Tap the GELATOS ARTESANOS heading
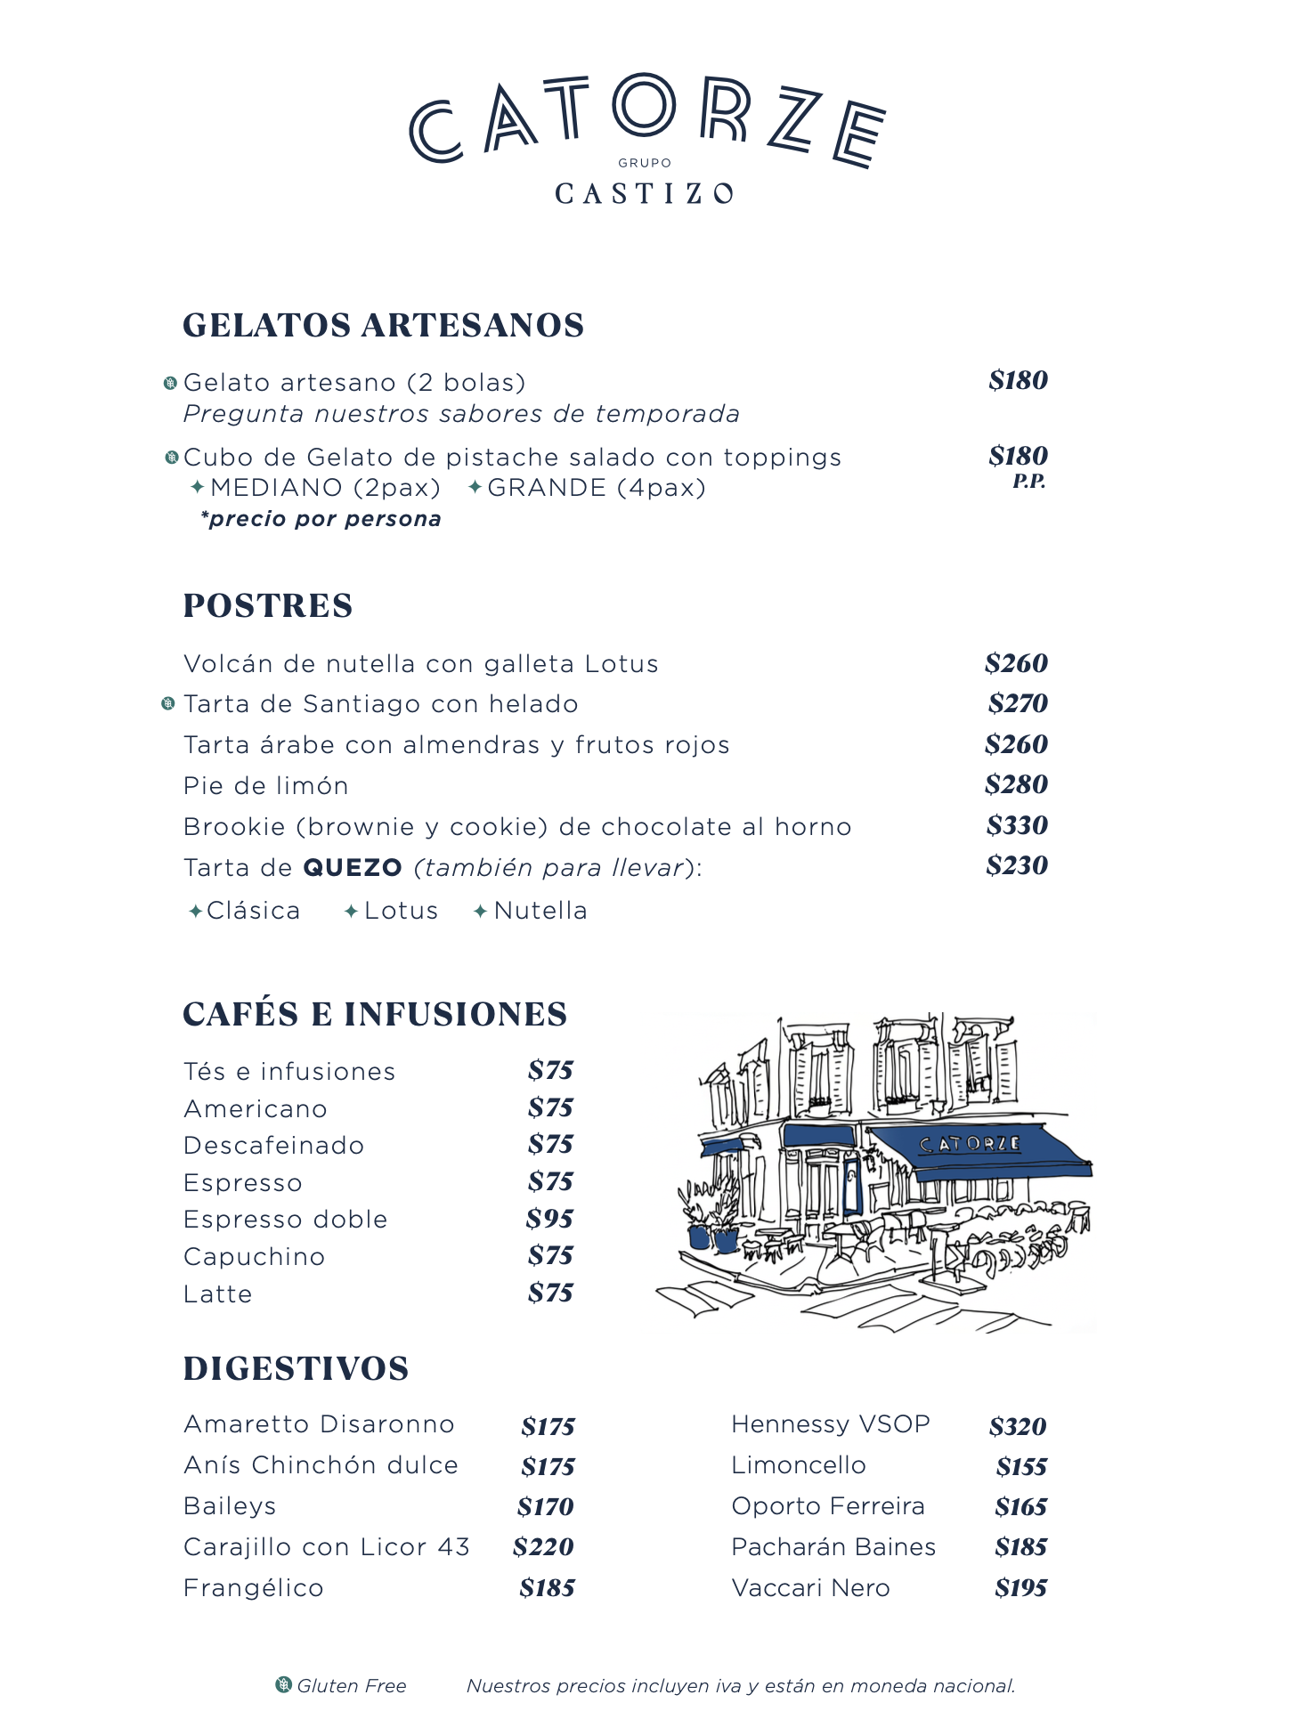(383, 325)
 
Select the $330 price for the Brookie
(1016, 825)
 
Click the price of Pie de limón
(1016, 784)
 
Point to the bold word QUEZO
(353, 867)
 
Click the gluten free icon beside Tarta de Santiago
(167, 704)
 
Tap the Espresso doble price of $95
(549, 1219)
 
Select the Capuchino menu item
(254, 1257)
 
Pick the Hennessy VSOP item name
(830, 1424)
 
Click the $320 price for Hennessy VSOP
(1017, 1426)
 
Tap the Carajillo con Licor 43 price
(543, 1547)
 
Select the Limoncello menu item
(798, 1465)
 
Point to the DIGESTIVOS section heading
(296, 1368)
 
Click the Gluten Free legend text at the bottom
(351, 1685)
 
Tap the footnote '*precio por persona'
(321, 519)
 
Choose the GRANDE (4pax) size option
(596, 488)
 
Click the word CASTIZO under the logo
(644, 193)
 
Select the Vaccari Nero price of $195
(1020, 1588)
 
